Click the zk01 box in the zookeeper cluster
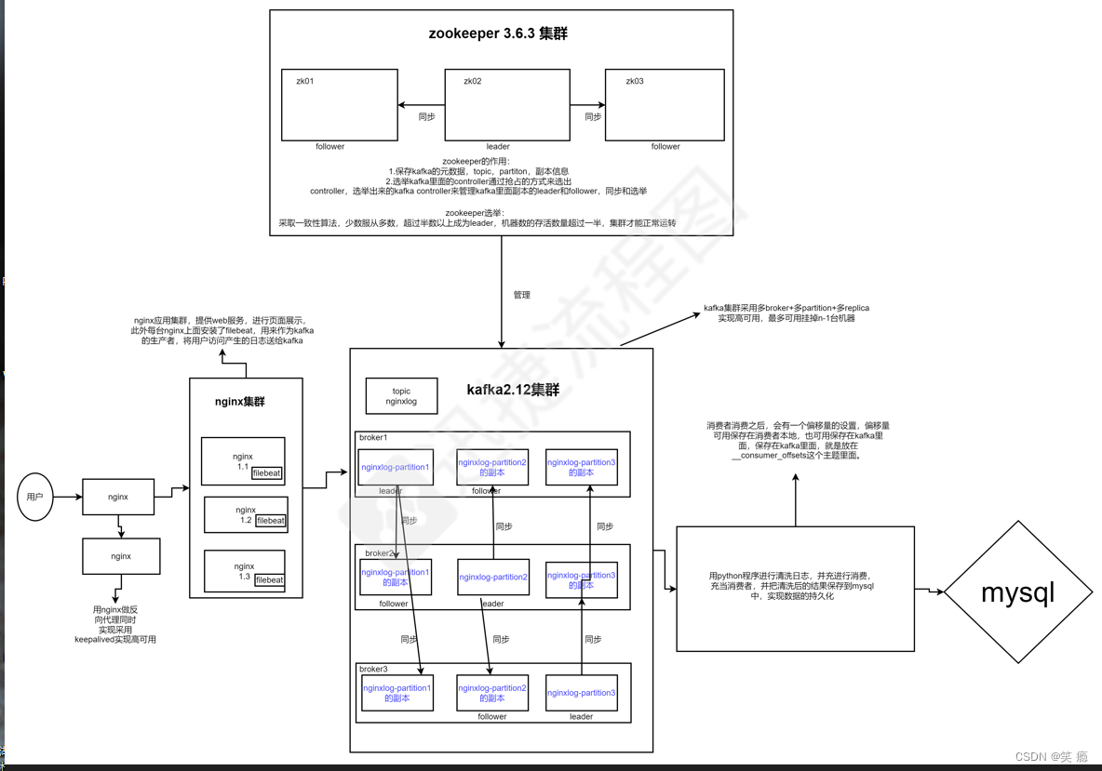coord(339,105)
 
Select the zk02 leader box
coord(506,105)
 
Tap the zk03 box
coord(664,105)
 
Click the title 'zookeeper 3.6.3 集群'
coord(498,33)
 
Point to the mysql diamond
coord(1018,592)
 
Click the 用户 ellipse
coord(35,497)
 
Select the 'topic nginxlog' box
coord(401,396)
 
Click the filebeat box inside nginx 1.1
coord(267,473)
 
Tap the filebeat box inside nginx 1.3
coord(269,580)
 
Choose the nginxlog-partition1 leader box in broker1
coord(395,467)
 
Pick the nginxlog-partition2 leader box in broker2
coord(492,577)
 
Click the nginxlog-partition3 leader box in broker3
coord(581,693)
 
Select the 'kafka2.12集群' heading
coord(513,390)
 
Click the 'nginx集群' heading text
coord(240,402)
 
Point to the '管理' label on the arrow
coord(521,295)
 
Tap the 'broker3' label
coord(372,669)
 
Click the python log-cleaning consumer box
coord(795,589)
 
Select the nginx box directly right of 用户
coord(118,497)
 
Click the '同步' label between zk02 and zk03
coord(593,117)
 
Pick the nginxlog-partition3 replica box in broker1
coord(581,467)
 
